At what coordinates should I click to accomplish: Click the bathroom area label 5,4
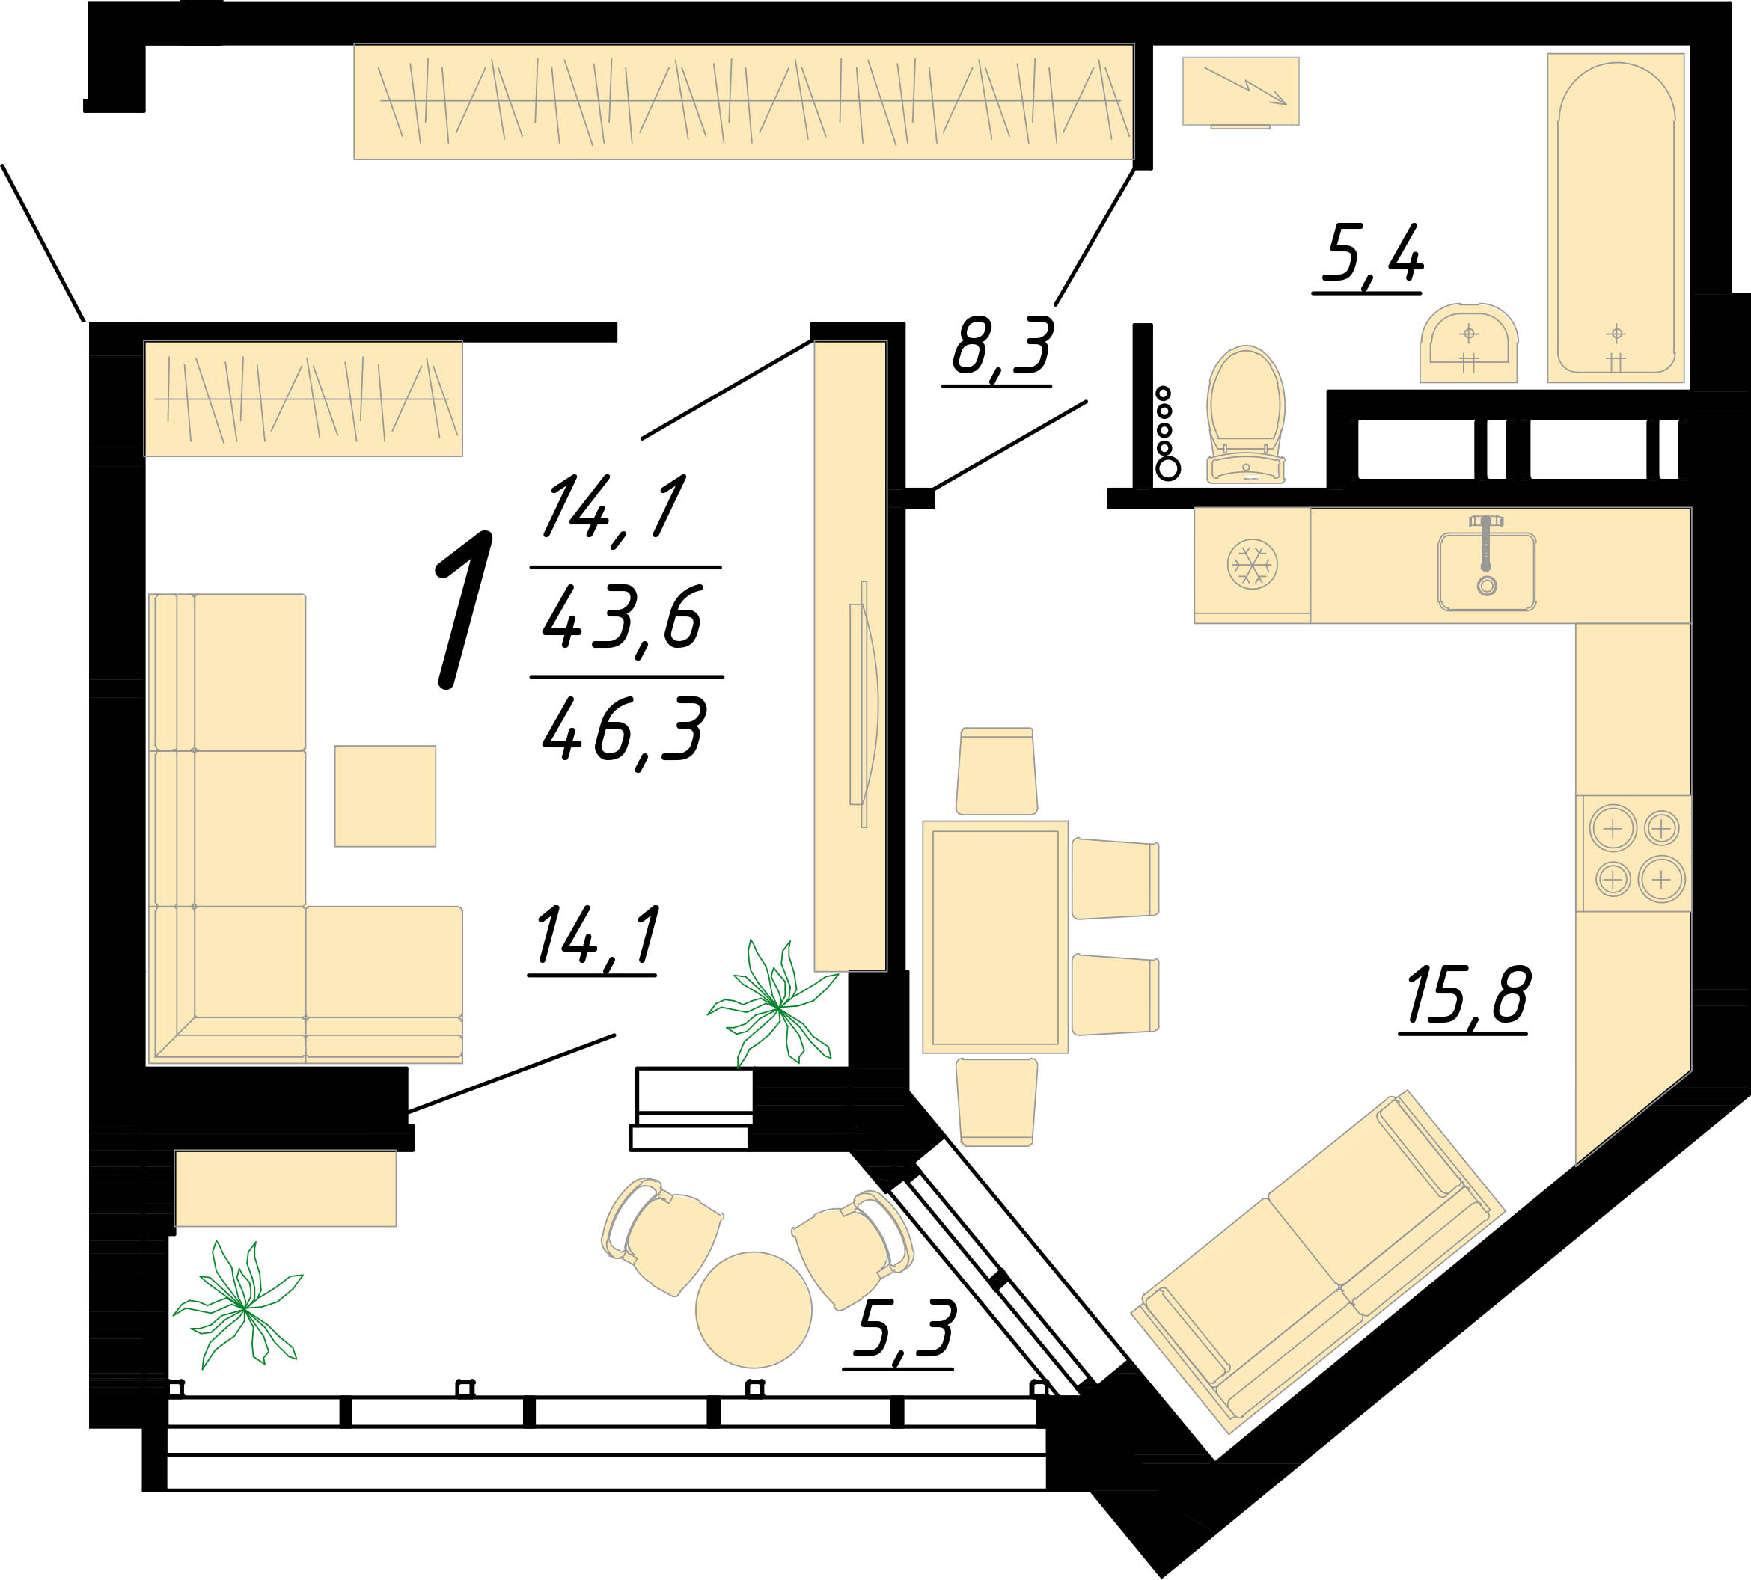tap(1372, 254)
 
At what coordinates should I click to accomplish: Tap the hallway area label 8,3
tap(1003, 346)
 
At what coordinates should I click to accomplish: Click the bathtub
tap(1616, 218)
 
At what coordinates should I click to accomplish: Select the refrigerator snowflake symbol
tap(1253, 564)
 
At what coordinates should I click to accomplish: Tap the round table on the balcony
tap(754, 1310)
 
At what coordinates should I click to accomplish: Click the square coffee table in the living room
tap(385, 796)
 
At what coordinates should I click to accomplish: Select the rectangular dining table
tap(995, 937)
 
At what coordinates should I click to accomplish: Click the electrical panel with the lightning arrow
tap(1241, 91)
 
